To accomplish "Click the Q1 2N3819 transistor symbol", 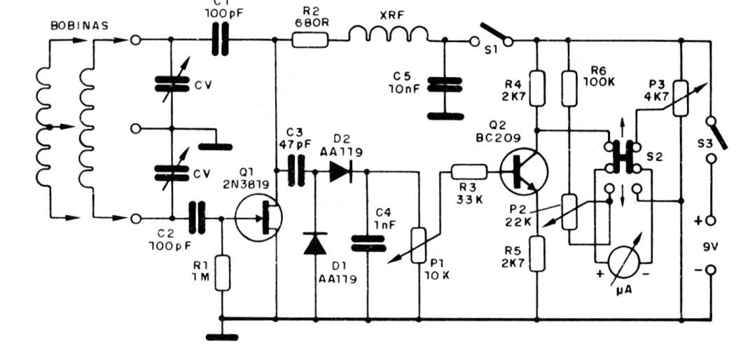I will click(258, 218).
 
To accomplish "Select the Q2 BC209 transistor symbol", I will click(524, 171).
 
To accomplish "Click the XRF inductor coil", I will click(388, 34).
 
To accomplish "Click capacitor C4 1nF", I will click(368, 242).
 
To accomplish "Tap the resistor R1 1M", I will click(222, 273).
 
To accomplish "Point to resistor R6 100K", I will click(569, 86).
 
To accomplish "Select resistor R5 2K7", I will click(536, 253).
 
